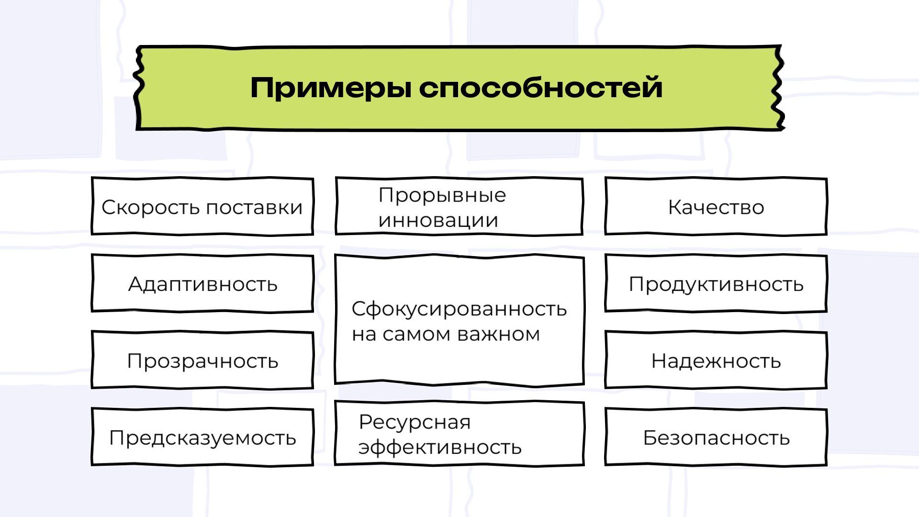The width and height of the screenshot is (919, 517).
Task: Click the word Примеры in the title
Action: point(330,88)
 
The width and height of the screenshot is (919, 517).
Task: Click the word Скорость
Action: point(150,207)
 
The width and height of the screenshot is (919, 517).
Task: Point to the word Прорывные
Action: point(442,195)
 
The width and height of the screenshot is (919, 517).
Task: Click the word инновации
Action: point(438,221)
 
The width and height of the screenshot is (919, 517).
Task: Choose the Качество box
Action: point(716,207)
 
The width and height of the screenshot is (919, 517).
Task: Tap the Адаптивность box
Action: point(202,284)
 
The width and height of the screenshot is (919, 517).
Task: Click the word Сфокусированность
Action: point(459,309)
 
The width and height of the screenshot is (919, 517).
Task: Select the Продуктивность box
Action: point(716,284)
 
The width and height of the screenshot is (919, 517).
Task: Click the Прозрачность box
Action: point(202,360)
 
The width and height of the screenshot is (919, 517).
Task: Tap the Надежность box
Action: point(716,360)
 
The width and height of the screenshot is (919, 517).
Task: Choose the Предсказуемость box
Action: point(202,438)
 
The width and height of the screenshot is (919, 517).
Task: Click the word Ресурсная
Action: point(415,422)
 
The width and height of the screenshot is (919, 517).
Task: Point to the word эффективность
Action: point(439,448)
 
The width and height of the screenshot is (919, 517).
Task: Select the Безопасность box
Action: point(716,438)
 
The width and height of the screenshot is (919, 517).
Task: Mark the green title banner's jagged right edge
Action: point(779,89)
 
